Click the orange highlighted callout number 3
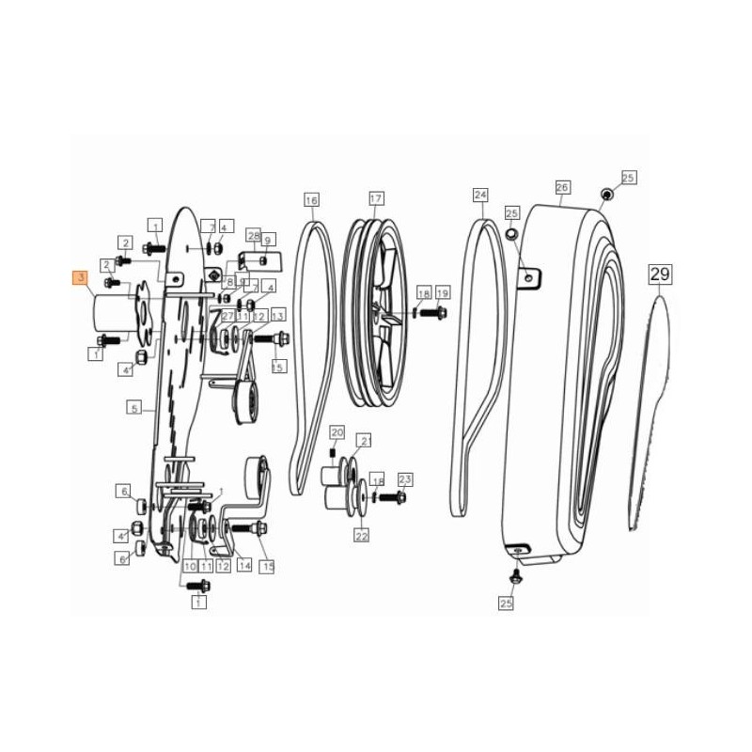pos(81,277)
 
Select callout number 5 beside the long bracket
pos(134,408)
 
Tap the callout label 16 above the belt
pos(311,199)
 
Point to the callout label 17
pos(376,199)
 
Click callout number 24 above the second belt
pos(481,196)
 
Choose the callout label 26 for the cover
pos(562,187)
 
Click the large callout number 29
pos(659,274)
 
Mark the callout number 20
pos(337,431)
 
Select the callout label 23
pos(405,479)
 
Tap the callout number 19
pos(442,292)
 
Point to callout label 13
pos(277,316)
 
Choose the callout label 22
pos(361,535)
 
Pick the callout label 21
pos(367,441)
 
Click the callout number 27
pos(227,316)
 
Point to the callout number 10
pos(190,566)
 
